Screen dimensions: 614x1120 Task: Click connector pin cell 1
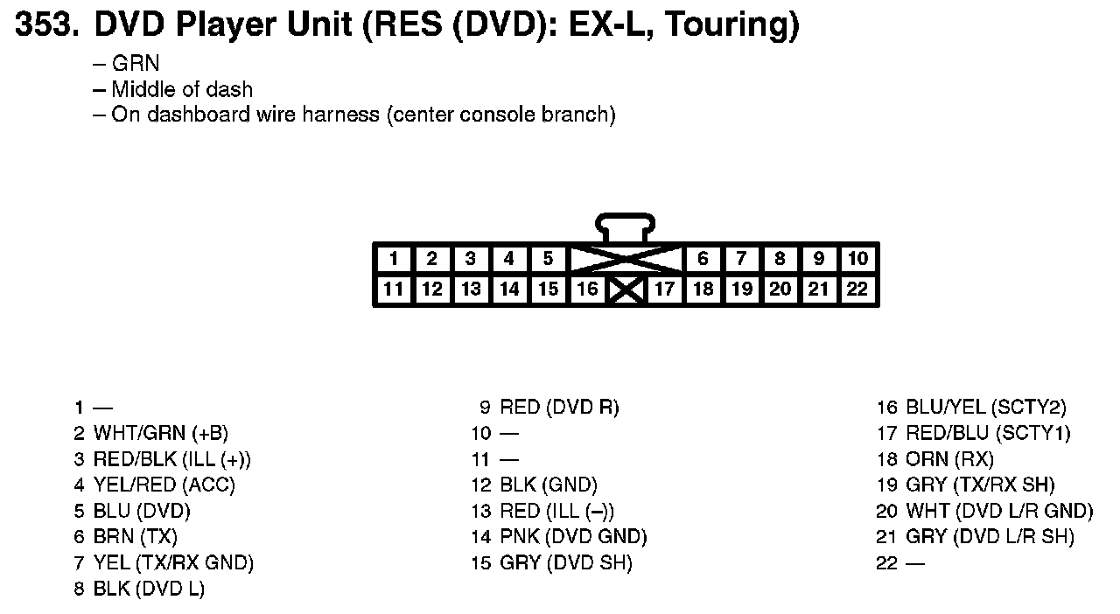click(394, 259)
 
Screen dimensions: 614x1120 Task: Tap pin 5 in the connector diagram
click(548, 259)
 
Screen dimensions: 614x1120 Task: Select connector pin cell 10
click(857, 259)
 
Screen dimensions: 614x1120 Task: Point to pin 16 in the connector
click(587, 290)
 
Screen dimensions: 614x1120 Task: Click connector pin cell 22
click(857, 290)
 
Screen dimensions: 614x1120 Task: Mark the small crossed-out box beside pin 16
click(626, 290)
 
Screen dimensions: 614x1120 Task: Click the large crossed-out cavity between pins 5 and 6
click(626, 259)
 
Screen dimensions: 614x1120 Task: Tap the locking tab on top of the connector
click(625, 227)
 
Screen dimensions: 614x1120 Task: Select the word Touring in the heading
click(731, 26)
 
